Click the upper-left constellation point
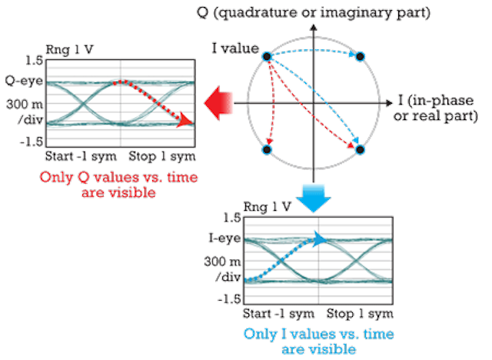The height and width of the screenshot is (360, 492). point(267,56)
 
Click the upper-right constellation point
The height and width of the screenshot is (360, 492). point(360,56)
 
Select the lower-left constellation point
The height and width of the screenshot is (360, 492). point(267,150)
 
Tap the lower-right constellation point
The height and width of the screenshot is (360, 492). point(360,150)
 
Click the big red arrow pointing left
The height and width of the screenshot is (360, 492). point(218,103)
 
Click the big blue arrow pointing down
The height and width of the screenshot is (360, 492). point(314,198)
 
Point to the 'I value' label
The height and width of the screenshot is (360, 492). point(235,48)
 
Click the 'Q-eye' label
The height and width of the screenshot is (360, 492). point(24,82)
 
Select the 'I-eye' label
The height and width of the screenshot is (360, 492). point(224,239)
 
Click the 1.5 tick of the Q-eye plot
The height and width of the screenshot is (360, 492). point(34,60)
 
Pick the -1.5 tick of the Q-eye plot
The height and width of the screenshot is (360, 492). point(31,142)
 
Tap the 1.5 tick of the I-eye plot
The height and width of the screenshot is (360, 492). point(232,218)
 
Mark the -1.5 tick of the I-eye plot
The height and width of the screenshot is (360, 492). point(229,299)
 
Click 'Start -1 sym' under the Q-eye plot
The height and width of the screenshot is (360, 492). point(81,156)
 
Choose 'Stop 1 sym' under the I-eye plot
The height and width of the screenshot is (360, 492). point(360,313)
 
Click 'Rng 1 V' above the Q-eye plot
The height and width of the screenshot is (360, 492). point(69,49)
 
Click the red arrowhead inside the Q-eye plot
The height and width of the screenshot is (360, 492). point(185,121)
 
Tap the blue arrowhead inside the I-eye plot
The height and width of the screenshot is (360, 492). point(321,240)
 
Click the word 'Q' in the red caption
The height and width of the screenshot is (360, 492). point(83,178)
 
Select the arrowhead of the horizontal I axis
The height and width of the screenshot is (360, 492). point(390,103)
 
